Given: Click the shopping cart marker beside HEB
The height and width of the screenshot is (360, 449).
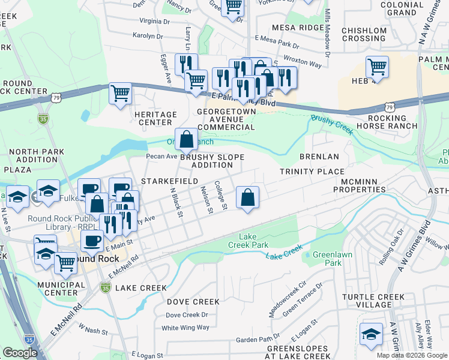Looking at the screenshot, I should point(376,67).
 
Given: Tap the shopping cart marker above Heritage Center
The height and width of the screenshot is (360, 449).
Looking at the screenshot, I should point(120,94).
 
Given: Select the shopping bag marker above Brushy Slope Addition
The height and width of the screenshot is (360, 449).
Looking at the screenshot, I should point(186,139).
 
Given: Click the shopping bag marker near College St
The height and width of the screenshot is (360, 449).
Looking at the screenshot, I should point(247,197).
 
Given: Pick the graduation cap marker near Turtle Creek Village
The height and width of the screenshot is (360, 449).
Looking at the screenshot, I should point(371,334).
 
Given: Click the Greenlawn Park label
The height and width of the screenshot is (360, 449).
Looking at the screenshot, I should point(327,258).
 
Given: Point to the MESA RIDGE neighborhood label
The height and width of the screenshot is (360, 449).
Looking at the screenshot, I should point(298,28).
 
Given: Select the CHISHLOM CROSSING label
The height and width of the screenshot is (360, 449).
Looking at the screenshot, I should point(364,35).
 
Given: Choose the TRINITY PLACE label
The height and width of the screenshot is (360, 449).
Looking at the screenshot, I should point(312,172).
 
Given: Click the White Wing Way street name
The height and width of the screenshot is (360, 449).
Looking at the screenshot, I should point(185,328).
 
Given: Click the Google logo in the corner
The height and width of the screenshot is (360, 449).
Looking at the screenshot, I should point(20,353).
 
